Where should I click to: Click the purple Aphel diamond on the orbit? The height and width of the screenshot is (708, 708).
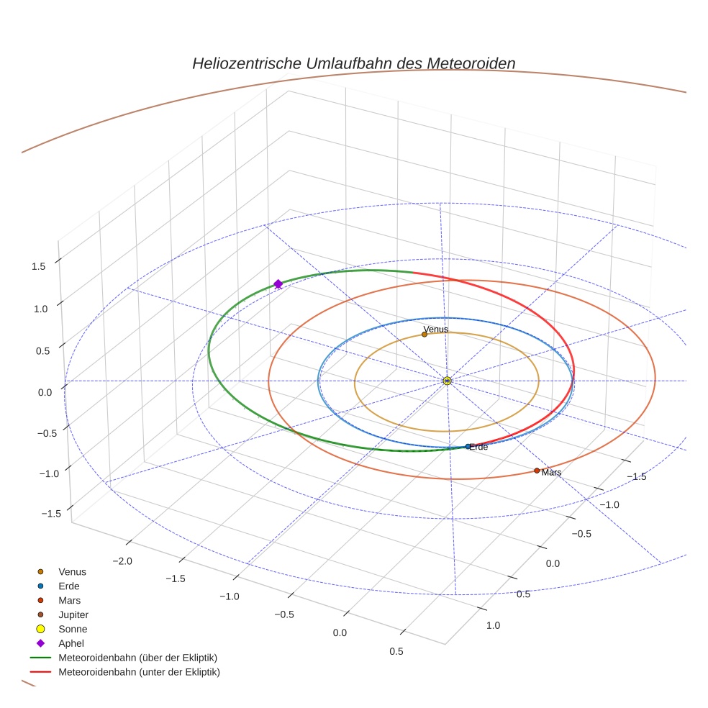point(278,284)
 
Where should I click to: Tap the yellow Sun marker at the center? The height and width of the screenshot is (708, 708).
point(447,381)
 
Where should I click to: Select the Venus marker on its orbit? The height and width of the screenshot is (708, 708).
point(425,334)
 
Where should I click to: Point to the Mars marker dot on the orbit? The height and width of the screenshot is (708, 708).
point(537,471)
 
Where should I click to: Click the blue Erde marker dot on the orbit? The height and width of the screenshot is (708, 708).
point(468,446)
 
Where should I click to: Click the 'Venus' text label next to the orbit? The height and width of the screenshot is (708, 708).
point(436,330)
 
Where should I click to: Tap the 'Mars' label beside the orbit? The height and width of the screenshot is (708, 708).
point(552,473)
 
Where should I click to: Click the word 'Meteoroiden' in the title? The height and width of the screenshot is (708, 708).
point(471,63)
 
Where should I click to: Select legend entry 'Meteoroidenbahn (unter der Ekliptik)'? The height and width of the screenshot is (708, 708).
point(139,672)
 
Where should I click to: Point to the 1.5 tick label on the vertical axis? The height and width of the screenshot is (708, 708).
point(39,266)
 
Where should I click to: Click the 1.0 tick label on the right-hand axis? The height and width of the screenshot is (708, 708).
point(493,625)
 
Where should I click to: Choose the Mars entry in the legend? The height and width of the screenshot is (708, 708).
point(69,600)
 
